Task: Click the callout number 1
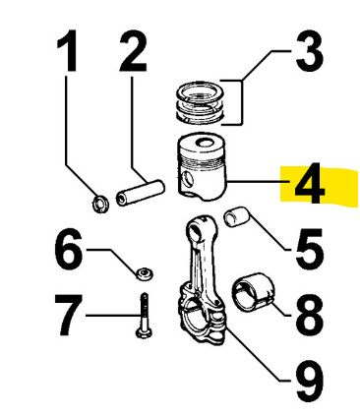(67, 51)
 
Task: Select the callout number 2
(133, 51)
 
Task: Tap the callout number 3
(310, 51)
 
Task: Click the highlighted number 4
(309, 183)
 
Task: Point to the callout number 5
(309, 249)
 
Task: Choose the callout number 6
(68, 249)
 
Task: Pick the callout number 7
(68, 316)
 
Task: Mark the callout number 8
(309, 316)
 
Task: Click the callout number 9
(309, 382)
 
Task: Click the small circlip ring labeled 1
(100, 204)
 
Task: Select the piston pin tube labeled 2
(140, 193)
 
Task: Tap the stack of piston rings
(201, 102)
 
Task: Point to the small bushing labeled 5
(237, 217)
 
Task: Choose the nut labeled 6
(144, 273)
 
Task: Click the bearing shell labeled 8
(254, 292)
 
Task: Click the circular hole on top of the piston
(205, 143)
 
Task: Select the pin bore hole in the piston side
(188, 179)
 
